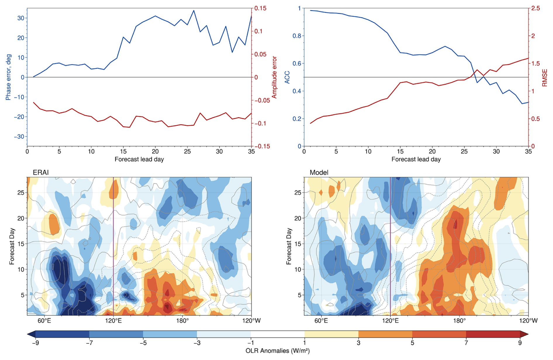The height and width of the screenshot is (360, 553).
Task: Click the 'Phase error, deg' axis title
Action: coord(8,77)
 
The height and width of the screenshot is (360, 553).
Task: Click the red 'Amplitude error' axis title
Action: coord(274,77)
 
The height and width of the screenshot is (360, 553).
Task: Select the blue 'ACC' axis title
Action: coord(287,77)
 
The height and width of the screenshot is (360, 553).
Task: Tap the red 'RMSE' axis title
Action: coord(545,78)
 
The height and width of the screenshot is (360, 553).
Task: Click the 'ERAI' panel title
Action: coord(41,173)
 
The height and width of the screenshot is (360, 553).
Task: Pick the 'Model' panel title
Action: coord(319,173)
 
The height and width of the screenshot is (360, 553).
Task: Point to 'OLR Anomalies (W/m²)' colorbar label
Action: coord(277,351)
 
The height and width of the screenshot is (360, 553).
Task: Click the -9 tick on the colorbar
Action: coord(35,343)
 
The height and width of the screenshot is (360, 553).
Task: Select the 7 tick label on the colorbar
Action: coord(466,343)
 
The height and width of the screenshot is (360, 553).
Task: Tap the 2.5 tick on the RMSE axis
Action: coord(535,8)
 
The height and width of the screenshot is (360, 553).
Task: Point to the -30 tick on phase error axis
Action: coord(19,137)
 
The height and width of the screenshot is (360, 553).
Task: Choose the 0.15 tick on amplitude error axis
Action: coord(260,8)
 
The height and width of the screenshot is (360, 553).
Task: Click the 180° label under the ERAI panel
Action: coord(182,321)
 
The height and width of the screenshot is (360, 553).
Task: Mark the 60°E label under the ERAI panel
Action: coord(44,321)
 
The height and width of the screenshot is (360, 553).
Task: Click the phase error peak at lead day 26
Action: coord(193,11)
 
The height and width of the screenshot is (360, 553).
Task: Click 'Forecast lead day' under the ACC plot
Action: coord(416,159)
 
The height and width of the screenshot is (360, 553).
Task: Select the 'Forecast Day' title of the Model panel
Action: coord(289,246)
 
